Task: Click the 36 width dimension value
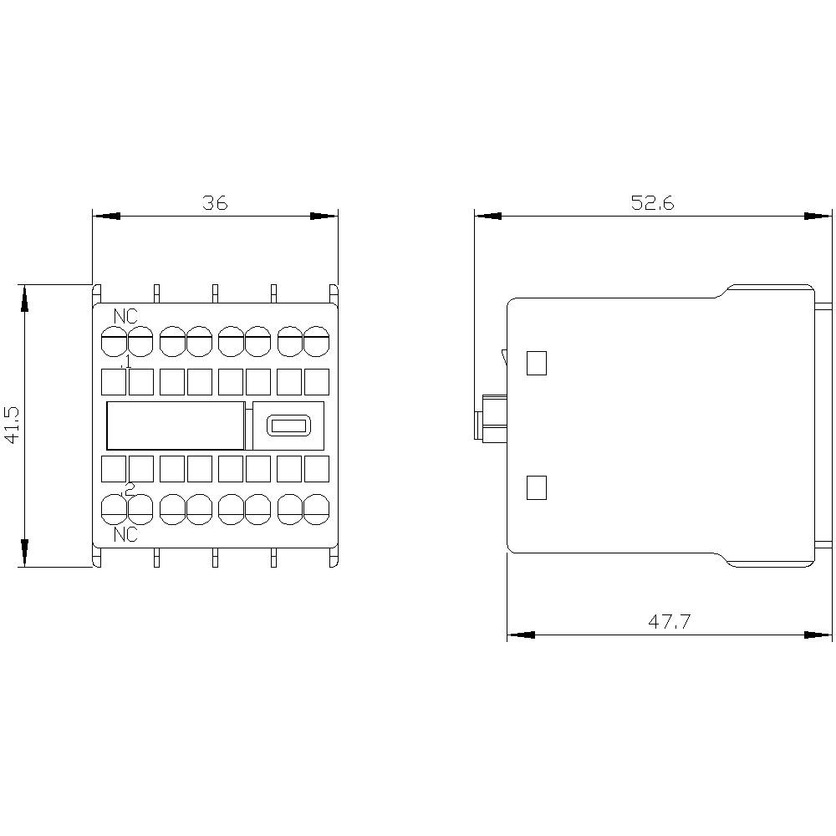click(215, 202)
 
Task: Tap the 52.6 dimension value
click(653, 202)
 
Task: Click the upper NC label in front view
click(126, 317)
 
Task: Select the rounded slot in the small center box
click(288, 426)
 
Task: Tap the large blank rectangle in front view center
click(175, 426)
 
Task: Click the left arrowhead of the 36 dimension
click(105, 216)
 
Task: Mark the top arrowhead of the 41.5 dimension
click(25, 298)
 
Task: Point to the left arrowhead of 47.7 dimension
click(520, 635)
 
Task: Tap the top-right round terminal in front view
click(316, 340)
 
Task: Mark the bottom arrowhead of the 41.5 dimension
click(25, 553)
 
